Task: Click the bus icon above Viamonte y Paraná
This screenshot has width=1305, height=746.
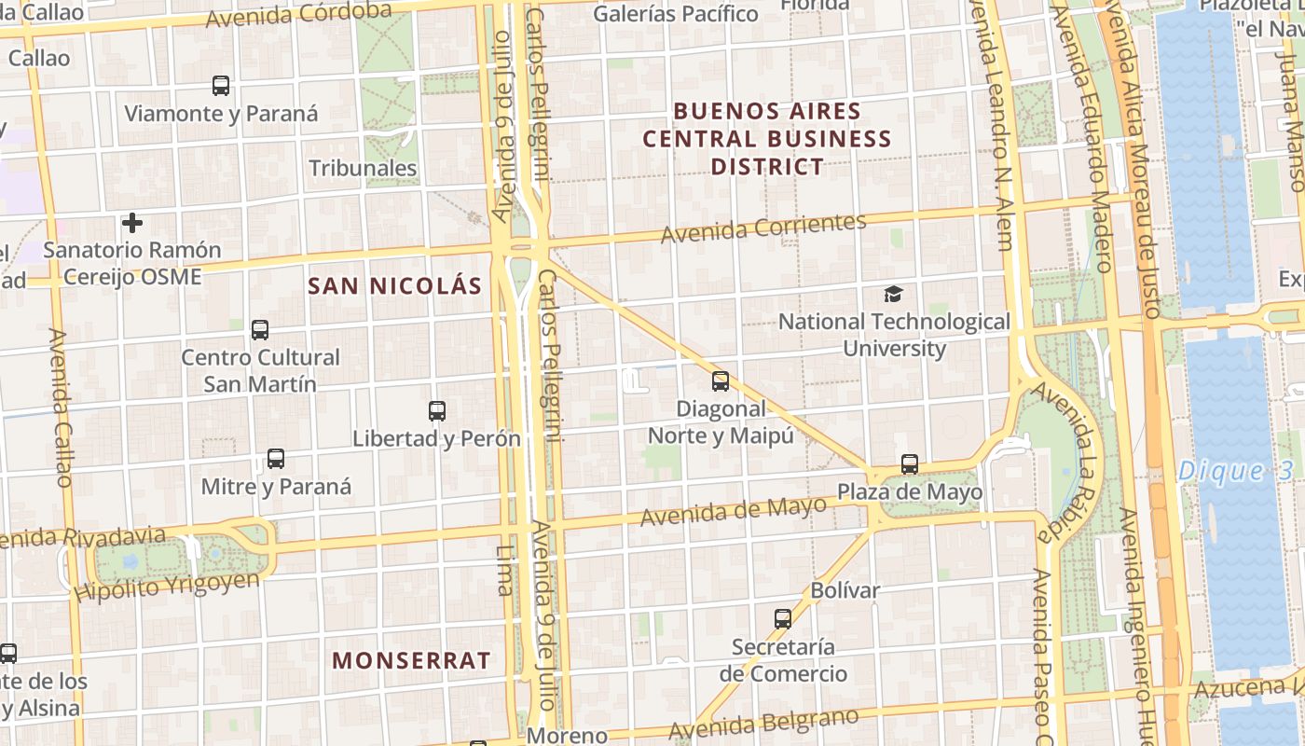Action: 221,86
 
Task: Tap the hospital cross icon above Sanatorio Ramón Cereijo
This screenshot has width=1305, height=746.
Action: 132,223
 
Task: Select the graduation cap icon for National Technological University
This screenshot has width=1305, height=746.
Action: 893,295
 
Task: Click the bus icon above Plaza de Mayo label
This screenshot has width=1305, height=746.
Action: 910,463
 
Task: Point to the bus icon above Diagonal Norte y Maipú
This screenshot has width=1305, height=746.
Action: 721,380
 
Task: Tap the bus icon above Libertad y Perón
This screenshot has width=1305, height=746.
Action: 436,410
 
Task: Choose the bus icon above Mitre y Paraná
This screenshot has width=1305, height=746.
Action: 276,459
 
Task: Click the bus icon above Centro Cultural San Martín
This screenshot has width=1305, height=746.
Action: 260,329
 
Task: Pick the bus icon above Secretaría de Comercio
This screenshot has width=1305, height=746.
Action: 783,618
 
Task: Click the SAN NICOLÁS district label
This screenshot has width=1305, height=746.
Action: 395,286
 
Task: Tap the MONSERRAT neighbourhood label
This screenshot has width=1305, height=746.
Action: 411,660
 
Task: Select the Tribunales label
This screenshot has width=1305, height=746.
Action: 363,168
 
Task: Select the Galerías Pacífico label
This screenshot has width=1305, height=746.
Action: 675,14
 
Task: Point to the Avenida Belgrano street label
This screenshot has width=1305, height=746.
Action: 762,724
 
